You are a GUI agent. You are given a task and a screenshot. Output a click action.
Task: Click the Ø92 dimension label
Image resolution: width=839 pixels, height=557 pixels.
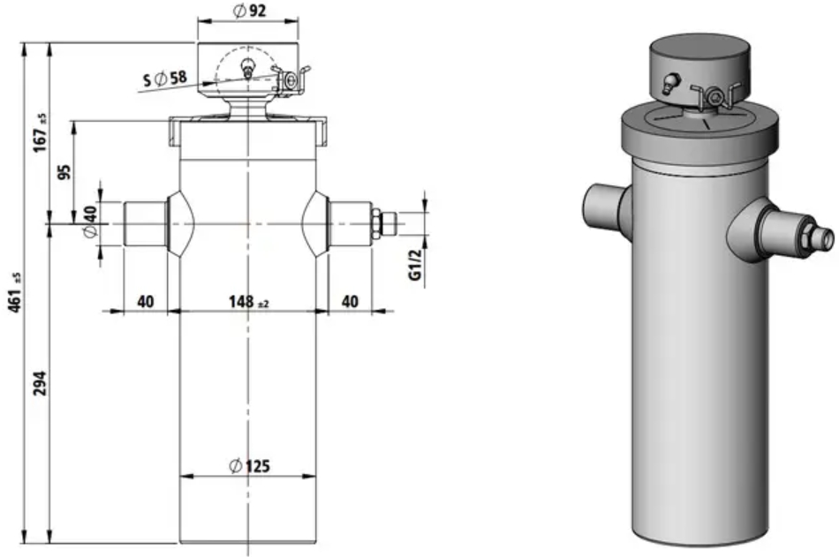(x=249, y=11)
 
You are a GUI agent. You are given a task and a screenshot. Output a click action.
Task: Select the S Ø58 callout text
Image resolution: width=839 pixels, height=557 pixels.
(x=165, y=79)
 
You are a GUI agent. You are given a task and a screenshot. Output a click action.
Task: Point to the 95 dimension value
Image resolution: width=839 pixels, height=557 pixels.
(x=64, y=172)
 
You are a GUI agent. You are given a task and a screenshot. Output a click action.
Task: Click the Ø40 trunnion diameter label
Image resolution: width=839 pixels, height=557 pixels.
(x=90, y=222)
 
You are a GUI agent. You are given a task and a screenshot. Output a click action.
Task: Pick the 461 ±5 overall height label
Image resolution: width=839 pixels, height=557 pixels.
(x=15, y=293)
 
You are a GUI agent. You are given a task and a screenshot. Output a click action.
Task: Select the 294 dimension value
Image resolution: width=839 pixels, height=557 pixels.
(x=40, y=382)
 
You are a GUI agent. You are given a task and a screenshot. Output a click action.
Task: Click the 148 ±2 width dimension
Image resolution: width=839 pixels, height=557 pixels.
(x=248, y=302)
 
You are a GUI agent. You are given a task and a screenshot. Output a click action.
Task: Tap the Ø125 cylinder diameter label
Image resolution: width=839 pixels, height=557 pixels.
(x=249, y=466)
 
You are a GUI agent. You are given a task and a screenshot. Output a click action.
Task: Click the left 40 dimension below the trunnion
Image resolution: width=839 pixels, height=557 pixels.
(x=145, y=302)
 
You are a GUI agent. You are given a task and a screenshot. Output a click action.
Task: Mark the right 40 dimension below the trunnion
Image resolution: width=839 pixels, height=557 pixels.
(x=350, y=302)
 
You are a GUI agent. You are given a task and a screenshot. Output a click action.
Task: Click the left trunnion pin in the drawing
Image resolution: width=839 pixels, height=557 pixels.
(x=145, y=223)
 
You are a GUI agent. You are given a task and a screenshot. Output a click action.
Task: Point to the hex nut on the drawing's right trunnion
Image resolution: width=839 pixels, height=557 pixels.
(x=376, y=223)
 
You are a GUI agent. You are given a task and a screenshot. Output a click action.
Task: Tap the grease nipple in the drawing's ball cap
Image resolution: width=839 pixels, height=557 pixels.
(x=247, y=68)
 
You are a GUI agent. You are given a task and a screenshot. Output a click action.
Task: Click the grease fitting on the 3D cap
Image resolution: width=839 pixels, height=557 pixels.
(x=669, y=84)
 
